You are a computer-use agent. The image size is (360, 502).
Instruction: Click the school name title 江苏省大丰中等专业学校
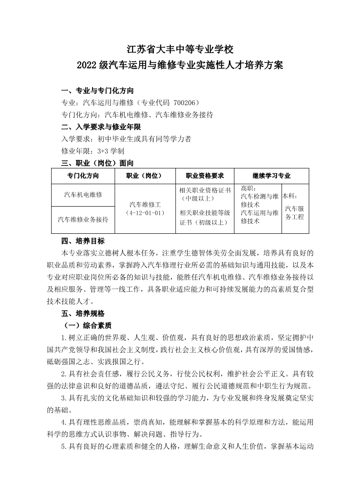coord(180,48)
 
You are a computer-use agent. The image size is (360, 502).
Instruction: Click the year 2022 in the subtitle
coord(88,65)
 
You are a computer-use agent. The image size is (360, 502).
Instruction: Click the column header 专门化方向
coord(83,176)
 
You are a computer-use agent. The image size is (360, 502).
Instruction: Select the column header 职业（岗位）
coord(144,176)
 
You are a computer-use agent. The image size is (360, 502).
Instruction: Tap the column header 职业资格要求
coord(204,176)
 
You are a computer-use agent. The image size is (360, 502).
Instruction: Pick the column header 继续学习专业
coord(271,176)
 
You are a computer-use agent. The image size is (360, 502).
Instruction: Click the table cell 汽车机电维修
coord(83,194)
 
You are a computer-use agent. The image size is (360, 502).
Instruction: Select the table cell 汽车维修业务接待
coord(83,219)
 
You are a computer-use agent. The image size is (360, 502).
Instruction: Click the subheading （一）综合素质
coord(89,325)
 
